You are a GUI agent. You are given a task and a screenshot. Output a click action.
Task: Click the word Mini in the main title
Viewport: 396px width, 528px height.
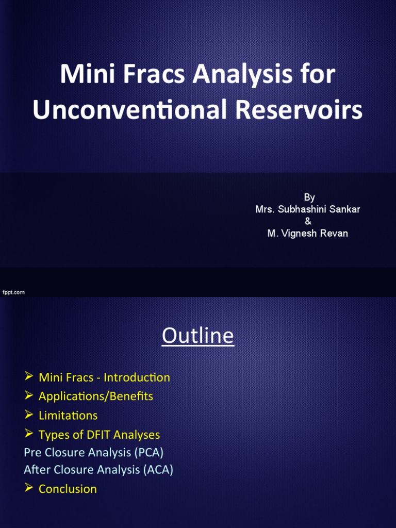[82, 75]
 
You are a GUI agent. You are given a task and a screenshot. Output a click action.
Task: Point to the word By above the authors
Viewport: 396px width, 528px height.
[309, 197]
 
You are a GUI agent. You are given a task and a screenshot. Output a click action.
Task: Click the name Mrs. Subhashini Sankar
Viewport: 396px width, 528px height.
[308, 209]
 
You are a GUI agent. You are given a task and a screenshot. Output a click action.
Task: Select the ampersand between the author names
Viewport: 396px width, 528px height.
[308, 221]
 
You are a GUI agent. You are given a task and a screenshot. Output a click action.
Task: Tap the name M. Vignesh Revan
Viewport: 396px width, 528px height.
[307, 233]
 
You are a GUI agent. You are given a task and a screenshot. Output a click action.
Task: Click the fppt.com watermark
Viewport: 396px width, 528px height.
[13, 292]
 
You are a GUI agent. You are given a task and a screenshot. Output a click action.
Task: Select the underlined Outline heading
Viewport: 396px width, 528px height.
[197, 336]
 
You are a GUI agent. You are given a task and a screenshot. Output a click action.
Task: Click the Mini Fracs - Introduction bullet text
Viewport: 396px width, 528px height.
[104, 377]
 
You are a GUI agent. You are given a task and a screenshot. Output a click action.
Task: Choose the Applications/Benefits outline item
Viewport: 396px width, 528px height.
[95, 396]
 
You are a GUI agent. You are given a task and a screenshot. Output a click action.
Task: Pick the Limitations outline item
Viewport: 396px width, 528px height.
[68, 415]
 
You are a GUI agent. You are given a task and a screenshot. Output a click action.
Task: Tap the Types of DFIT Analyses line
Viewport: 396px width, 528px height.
[99, 435]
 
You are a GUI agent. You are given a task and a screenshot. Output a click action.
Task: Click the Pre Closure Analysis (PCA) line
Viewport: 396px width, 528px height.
[93, 452]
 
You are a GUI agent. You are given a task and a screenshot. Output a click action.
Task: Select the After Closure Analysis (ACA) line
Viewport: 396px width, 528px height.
[98, 470]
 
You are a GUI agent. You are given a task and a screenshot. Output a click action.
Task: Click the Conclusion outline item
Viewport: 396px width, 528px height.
[68, 489]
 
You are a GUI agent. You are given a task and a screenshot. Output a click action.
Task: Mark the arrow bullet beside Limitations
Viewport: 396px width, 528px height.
[29, 415]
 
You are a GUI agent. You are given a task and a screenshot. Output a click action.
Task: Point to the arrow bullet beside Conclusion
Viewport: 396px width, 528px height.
[29, 488]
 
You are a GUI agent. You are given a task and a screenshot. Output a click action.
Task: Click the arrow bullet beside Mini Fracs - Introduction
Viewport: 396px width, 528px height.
[29, 377]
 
